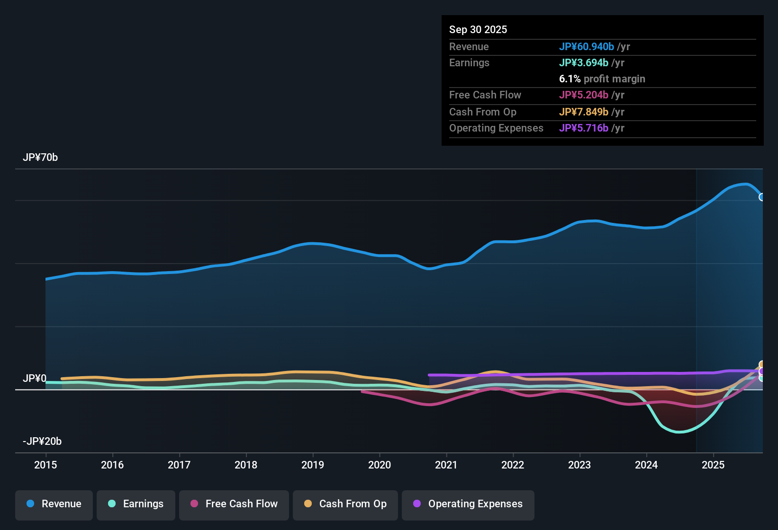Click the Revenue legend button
[54, 504]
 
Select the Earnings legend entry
[136, 504]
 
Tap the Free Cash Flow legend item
[234, 504]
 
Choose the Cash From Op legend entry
[345, 504]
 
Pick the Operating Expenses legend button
[468, 504]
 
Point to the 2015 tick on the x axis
[45, 465]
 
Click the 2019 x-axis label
[313, 465]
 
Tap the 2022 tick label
[513, 465]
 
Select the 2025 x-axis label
[713, 465]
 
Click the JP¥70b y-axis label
[40, 158]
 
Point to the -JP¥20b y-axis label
[42, 442]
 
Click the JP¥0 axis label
[35, 379]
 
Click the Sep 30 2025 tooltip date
[478, 30]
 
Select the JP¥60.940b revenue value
[587, 47]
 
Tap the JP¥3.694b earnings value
[584, 63]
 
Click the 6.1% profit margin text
[602, 79]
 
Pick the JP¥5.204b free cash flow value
[584, 95]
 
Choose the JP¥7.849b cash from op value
[584, 112]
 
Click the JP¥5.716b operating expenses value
[584, 128]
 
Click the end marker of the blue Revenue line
[761, 197]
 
